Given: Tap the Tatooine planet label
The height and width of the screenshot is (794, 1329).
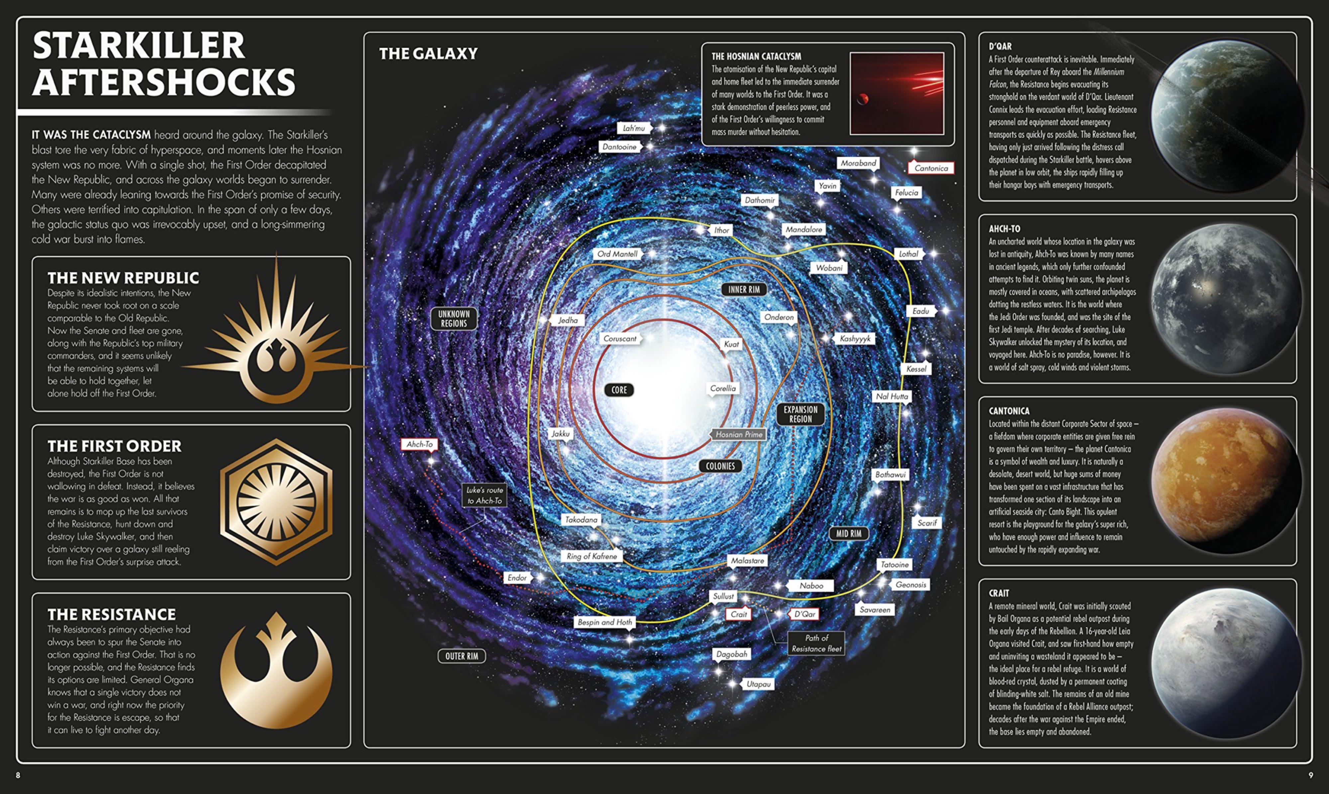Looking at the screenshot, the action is (x=894, y=565).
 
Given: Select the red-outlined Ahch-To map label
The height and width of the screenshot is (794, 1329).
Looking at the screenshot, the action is (x=420, y=444).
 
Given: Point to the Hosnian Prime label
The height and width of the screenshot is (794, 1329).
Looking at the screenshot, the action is (x=739, y=435).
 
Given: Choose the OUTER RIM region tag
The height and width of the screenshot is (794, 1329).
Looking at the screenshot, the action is (x=462, y=656).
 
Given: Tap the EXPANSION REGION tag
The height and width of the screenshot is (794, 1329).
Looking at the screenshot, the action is (x=800, y=414).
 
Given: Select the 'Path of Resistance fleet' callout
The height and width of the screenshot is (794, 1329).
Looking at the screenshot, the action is (x=816, y=643).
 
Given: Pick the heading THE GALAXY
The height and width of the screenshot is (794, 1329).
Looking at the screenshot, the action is (x=428, y=54).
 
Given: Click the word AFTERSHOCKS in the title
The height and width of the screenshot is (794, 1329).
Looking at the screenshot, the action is (x=163, y=82).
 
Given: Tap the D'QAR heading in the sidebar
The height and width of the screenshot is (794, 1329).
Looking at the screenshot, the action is (x=1000, y=47).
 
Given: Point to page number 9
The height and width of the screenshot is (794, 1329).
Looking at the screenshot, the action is (x=1310, y=775).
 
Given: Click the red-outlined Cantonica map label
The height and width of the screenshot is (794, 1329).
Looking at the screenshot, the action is (x=931, y=168).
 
